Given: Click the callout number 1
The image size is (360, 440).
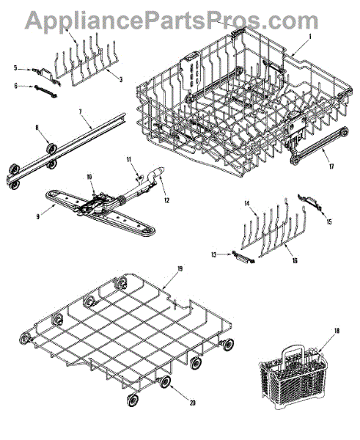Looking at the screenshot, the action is [x=310, y=37].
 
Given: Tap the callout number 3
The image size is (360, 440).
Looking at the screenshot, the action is [x=121, y=80].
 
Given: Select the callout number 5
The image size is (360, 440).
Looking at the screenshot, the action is [x=15, y=68].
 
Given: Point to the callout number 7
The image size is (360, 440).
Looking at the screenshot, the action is [x=80, y=111].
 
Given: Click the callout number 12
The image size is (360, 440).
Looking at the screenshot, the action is [x=166, y=200].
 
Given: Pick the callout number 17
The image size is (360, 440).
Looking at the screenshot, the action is [x=331, y=166].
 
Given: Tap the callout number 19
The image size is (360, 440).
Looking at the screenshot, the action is [x=180, y=269].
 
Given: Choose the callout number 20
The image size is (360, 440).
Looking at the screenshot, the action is [x=192, y=403].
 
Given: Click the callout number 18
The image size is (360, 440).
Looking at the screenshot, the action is [x=337, y=331].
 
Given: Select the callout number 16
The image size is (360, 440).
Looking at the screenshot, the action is [x=295, y=260].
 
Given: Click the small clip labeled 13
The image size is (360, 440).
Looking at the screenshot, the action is [x=243, y=257].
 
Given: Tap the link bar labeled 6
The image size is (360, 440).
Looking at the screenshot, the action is [x=45, y=92].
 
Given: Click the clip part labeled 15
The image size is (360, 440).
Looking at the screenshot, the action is [x=309, y=201].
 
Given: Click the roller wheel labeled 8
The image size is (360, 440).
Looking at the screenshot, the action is [x=51, y=148].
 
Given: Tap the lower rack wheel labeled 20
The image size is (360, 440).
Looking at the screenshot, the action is [x=165, y=381].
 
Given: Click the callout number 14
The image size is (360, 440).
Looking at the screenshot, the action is [x=246, y=203].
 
